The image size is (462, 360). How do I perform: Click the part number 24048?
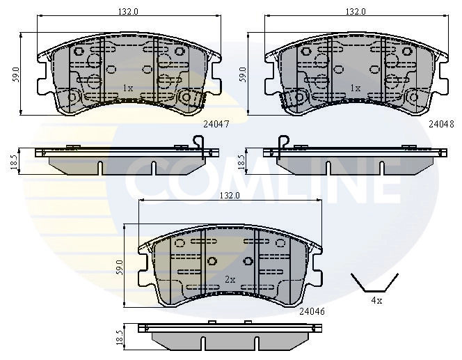point(441,123)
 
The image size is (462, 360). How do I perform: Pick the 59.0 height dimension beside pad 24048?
point(243,73)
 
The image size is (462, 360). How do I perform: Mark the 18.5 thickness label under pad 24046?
point(119,337)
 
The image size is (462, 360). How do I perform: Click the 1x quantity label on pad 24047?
point(127,88)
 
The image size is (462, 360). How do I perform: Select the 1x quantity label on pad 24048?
point(356,88)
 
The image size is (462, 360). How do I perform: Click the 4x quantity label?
point(376,301)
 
